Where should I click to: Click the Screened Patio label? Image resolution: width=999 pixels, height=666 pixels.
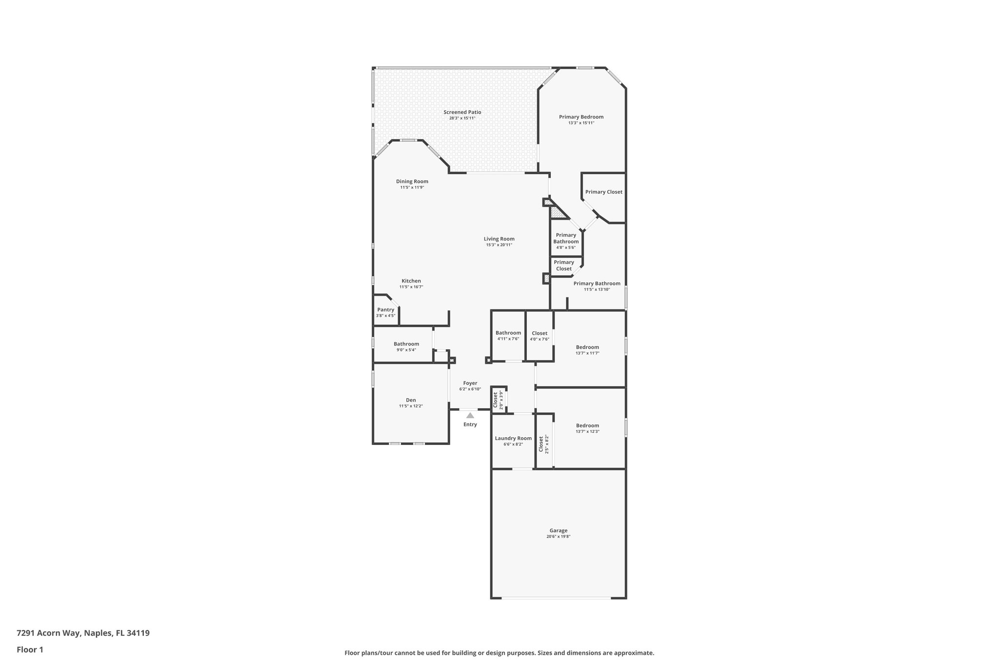click(x=462, y=112)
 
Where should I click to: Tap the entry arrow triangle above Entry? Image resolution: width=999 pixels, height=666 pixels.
click(x=470, y=415)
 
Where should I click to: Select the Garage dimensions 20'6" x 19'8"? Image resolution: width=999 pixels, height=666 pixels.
click(x=558, y=536)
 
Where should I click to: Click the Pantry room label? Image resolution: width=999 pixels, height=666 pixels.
click(x=385, y=310)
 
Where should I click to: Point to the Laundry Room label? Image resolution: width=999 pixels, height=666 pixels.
click(x=513, y=438)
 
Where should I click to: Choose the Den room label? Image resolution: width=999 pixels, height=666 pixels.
click(x=411, y=400)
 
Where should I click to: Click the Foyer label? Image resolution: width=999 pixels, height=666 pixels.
click(x=470, y=383)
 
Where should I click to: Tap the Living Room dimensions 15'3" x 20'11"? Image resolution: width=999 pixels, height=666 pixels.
click(x=499, y=245)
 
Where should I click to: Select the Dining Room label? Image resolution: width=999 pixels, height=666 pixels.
click(x=412, y=182)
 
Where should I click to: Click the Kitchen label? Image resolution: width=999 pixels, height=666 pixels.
click(x=411, y=281)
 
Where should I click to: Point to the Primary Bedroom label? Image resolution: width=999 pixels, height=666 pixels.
click(x=581, y=117)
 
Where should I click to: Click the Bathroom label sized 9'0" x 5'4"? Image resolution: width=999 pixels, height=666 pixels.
click(x=406, y=344)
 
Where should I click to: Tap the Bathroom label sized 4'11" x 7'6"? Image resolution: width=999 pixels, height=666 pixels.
click(x=508, y=333)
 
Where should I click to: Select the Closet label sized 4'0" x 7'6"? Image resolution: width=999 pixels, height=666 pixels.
click(x=539, y=333)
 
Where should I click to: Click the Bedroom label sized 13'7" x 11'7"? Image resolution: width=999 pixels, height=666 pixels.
click(x=587, y=347)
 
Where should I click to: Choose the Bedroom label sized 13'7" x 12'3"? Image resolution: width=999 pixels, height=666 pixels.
click(x=587, y=425)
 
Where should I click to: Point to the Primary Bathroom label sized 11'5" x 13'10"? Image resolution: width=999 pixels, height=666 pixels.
click(x=597, y=283)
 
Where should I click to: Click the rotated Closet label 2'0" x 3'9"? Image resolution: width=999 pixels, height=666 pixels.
click(x=496, y=400)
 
